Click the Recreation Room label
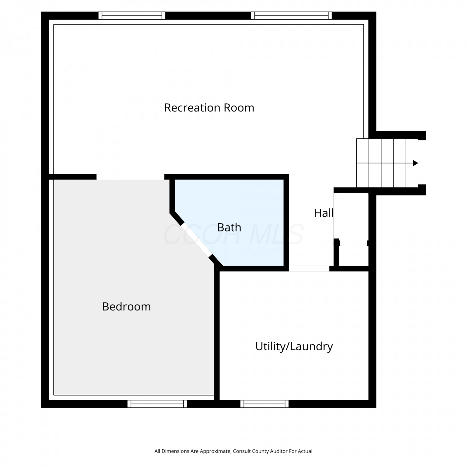[x=209, y=108]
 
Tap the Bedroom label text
[x=126, y=307]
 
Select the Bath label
[x=229, y=228]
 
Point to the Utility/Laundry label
[x=294, y=347]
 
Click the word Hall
[x=324, y=213]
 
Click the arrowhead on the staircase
[x=415, y=163]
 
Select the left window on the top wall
[x=132, y=16]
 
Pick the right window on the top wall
[x=291, y=16]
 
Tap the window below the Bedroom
[x=157, y=404]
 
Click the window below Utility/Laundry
[x=264, y=404]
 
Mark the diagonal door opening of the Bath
[x=196, y=239]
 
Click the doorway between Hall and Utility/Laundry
[x=309, y=269]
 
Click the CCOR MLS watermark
[x=233, y=234]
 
